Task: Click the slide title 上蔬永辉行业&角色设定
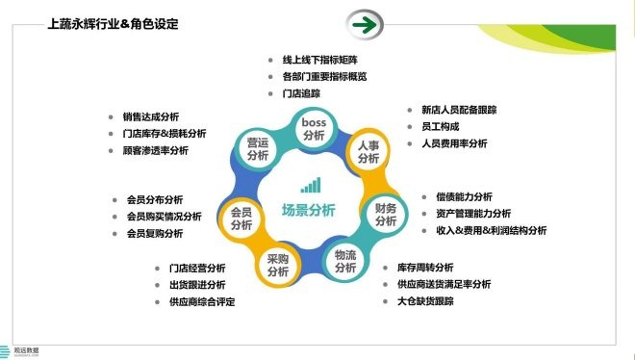click(x=118, y=23)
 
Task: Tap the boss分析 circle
click(x=314, y=129)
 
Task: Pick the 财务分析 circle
click(x=385, y=214)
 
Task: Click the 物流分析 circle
click(x=345, y=260)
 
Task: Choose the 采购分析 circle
click(x=278, y=265)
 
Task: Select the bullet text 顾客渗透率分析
click(x=155, y=151)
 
